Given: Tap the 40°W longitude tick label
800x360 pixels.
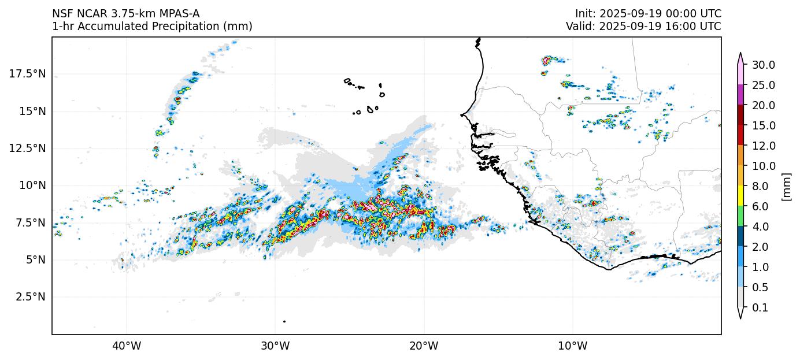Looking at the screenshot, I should point(126,347).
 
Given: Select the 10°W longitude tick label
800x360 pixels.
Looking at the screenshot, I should point(572,347).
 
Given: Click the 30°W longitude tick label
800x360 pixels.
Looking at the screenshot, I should point(275,347).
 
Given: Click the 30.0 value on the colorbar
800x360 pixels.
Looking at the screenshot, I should point(763,65).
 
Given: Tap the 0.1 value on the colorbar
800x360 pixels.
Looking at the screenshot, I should point(760,308).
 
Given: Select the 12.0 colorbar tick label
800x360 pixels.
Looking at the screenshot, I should point(763,146).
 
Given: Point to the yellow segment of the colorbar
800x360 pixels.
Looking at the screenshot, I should point(740,196).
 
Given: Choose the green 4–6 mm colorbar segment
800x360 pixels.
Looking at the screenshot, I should point(740,217).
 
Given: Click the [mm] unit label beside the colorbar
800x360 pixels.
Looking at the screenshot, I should point(786,187).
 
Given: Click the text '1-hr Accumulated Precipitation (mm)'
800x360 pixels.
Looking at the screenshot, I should point(152,27).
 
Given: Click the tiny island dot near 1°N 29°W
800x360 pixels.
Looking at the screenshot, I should point(284,321).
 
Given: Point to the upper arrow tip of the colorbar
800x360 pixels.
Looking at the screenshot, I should point(740,54).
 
